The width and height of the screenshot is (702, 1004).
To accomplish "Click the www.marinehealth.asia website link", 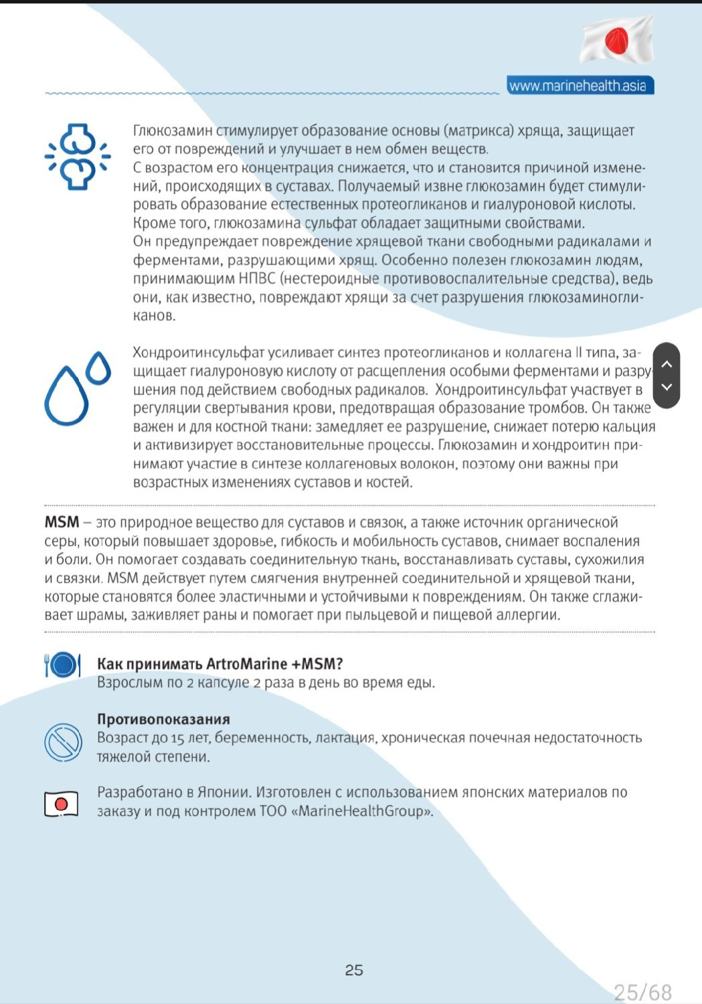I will [x=578, y=86].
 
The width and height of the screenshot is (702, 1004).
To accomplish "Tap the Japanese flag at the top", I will [x=616, y=39].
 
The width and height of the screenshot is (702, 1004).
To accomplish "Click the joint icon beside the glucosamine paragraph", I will [x=77, y=157].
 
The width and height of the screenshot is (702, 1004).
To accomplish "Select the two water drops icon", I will [x=77, y=388].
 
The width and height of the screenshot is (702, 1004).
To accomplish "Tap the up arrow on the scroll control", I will [x=666, y=364].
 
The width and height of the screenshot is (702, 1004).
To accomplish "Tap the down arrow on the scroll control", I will [x=666, y=387].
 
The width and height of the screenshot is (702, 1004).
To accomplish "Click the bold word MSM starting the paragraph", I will [x=62, y=522].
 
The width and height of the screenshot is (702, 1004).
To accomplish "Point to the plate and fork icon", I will [x=62, y=665].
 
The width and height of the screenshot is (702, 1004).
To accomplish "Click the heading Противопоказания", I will [x=163, y=720].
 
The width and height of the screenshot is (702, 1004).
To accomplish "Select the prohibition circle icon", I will [x=63, y=742].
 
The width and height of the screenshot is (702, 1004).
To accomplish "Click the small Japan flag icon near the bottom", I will [x=62, y=803].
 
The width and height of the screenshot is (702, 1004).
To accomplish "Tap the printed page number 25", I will [x=354, y=970].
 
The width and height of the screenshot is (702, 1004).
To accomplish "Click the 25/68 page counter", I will [x=642, y=992].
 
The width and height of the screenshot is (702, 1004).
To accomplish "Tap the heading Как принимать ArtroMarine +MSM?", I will [x=220, y=664].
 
